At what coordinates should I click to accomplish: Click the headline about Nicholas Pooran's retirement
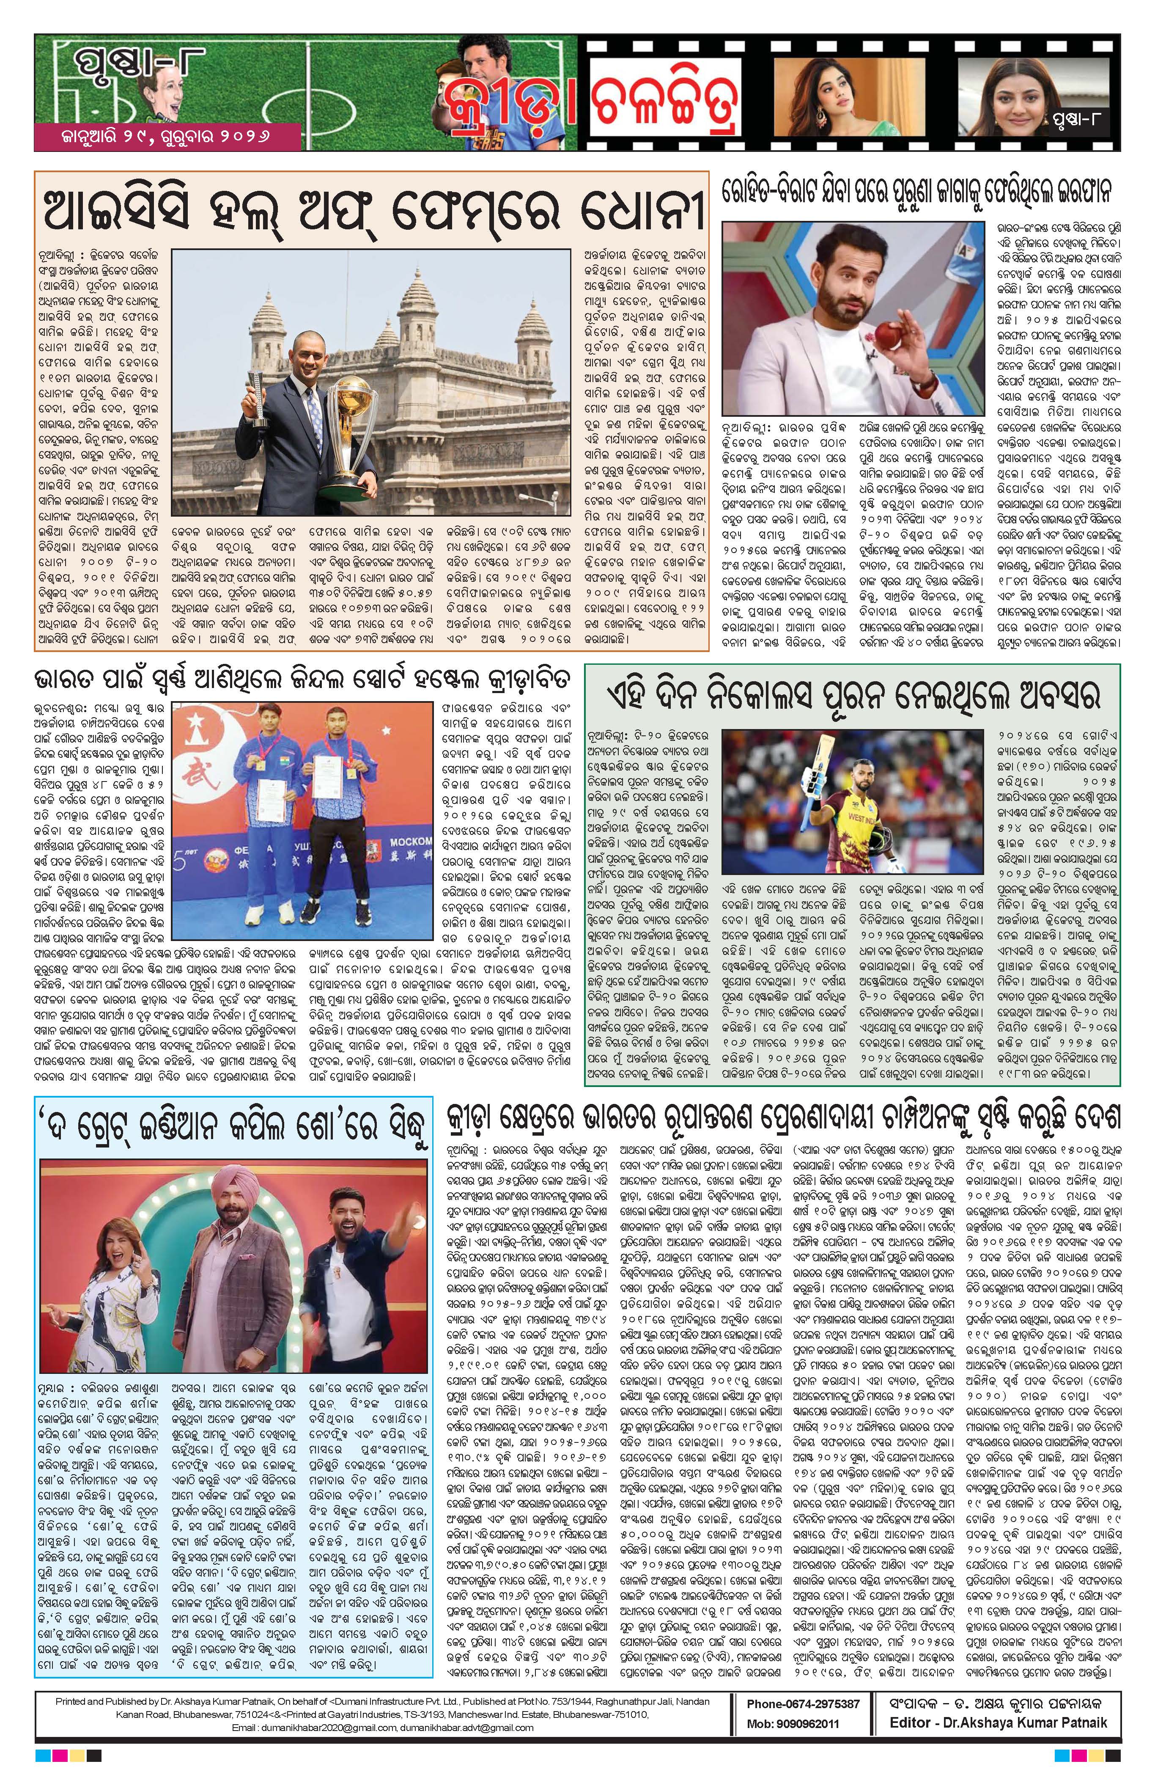pos(854,697)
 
